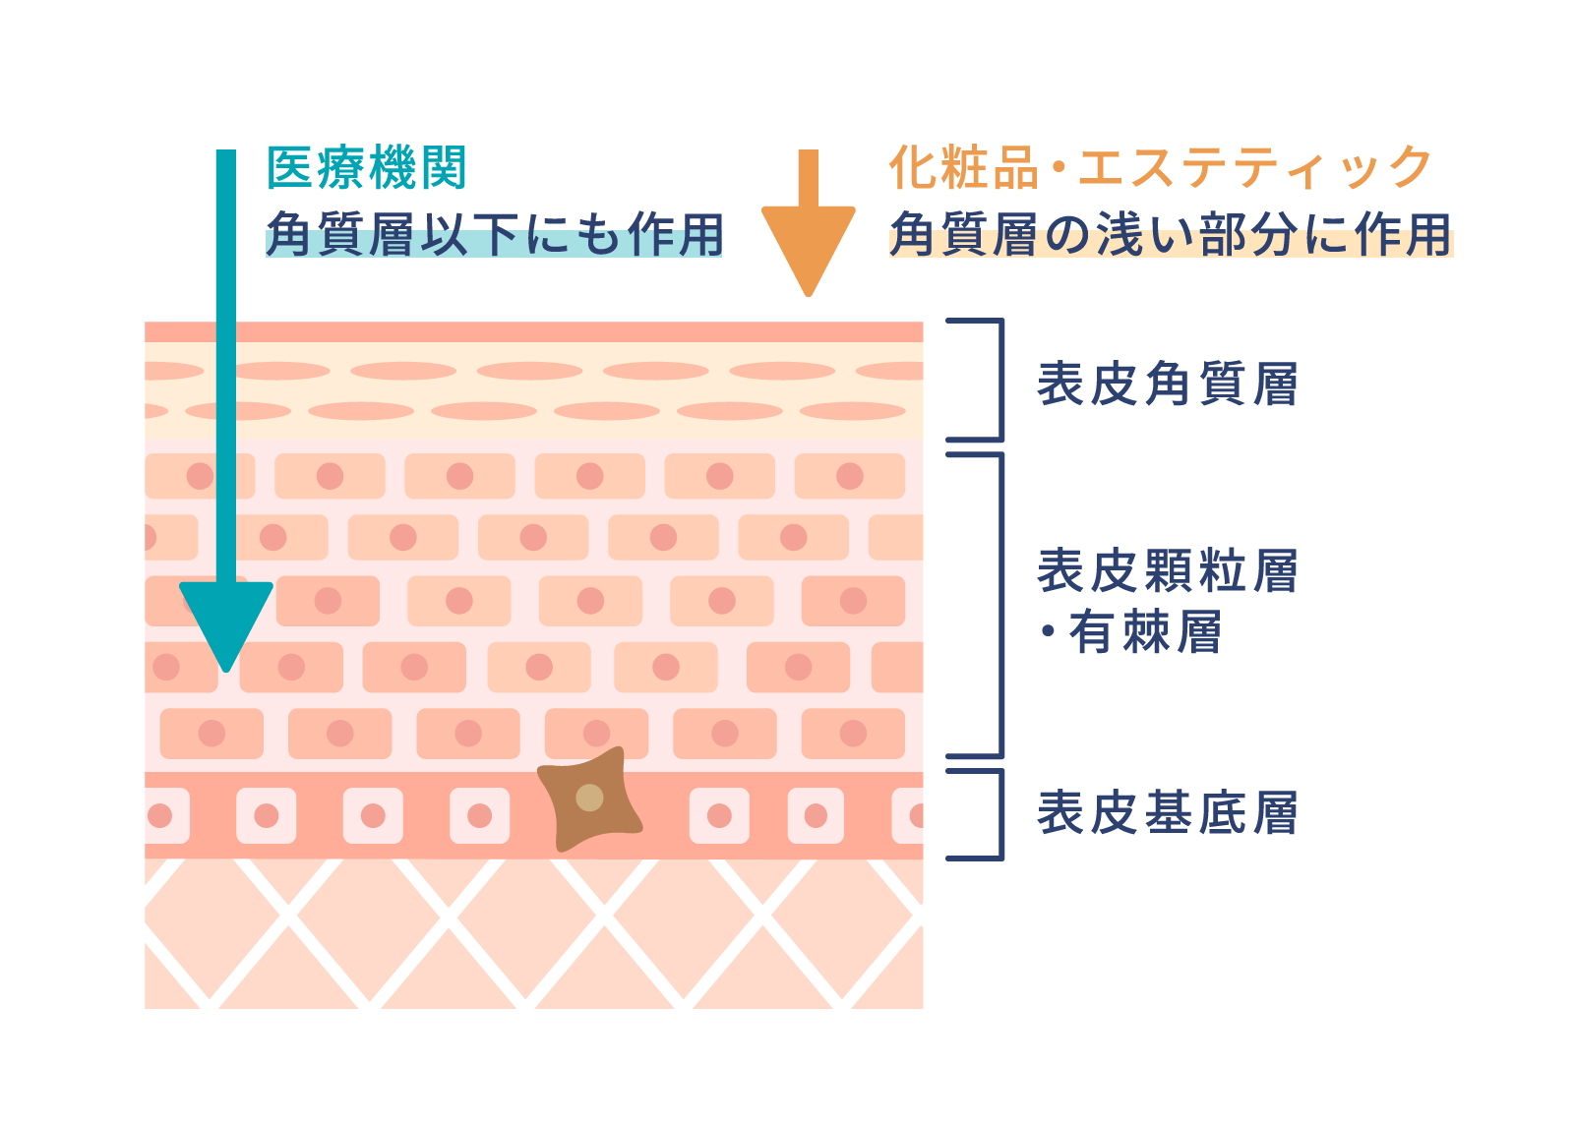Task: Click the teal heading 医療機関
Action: (367, 168)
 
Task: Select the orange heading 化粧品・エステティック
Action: (1160, 167)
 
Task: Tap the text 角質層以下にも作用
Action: (494, 234)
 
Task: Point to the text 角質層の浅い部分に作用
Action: (1171, 234)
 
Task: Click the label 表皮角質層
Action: (1167, 384)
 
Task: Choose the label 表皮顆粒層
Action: (1167, 570)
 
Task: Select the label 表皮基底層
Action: (1167, 812)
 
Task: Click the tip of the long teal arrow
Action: (226, 672)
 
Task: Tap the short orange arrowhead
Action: (808, 250)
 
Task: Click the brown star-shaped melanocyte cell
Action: (589, 799)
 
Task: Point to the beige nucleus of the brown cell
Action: (589, 798)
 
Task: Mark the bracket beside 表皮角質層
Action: (1000, 380)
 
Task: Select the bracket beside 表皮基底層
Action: (1000, 814)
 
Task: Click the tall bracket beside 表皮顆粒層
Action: (1000, 606)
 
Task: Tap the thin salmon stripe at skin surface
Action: (534, 332)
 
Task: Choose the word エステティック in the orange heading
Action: (1254, 167)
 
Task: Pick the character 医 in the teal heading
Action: (289, 168)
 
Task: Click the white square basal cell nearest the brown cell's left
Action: (480, 815)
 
